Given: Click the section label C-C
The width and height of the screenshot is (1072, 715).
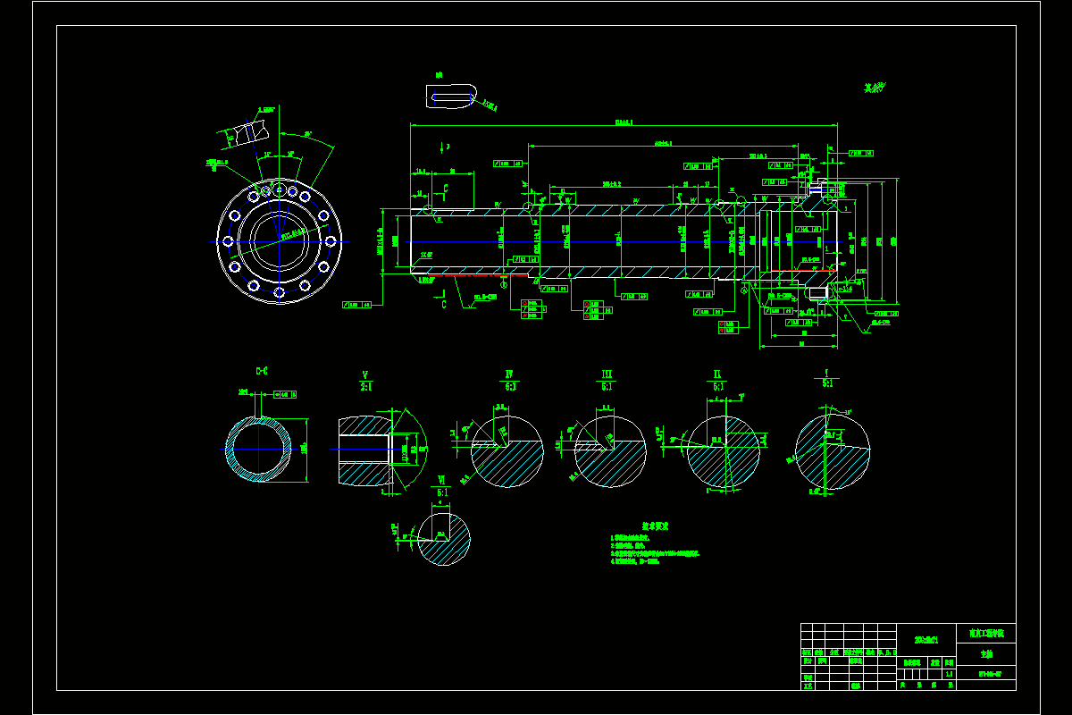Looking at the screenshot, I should point(262,371).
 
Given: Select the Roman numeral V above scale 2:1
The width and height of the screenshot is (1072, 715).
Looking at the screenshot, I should point(365,374).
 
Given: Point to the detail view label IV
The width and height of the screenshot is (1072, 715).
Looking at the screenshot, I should point(508,374).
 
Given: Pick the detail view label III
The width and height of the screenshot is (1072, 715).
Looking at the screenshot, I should point(607,374).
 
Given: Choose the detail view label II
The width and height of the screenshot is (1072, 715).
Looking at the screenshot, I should point(717,374).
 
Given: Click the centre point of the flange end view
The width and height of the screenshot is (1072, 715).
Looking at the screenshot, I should point(279,241).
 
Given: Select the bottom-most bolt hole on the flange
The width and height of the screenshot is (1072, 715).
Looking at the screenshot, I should point(279,292).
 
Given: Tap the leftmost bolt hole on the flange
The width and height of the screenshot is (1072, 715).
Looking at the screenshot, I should point(228,241).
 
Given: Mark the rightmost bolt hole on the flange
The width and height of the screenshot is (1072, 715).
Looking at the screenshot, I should point(330,241).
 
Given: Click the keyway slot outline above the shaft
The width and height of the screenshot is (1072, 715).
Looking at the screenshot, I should point(451,96).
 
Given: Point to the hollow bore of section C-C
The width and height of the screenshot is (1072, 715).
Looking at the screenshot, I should point(259,449).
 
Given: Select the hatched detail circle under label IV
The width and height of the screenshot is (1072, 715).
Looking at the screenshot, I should point(507,451).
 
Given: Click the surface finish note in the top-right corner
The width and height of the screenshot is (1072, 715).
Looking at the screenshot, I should point(874,88).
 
